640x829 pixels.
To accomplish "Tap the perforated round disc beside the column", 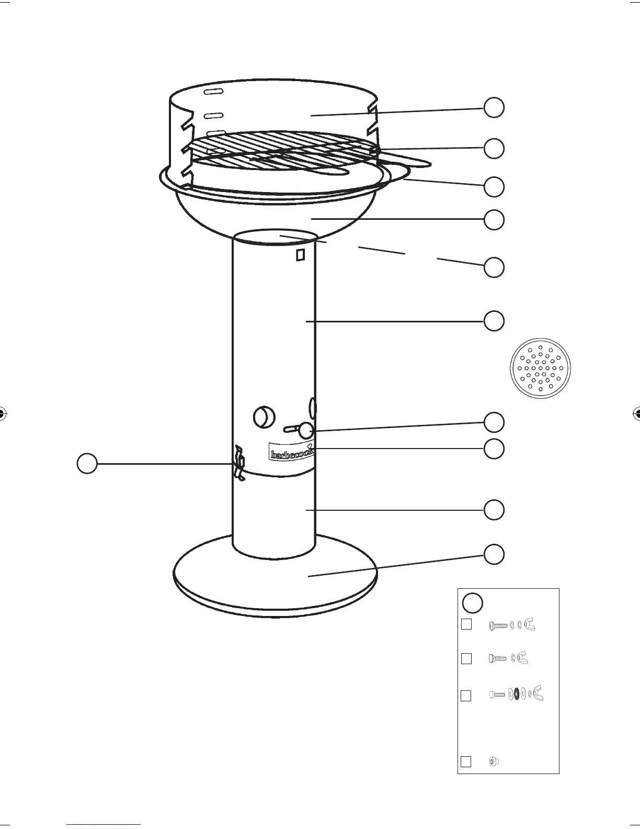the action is tap(540, 368).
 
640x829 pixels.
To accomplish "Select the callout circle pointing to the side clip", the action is tap(87, 463).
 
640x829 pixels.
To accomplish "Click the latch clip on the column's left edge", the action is tap(238, 463).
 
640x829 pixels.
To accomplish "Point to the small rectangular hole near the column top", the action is tap(300, 255).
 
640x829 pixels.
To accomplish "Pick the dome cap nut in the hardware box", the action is tap(494, 761).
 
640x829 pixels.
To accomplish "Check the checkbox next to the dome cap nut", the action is tap(466, 761).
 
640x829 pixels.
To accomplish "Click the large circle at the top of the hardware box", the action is tap(473, 602).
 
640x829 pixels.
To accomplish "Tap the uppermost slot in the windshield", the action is tap(213, 92).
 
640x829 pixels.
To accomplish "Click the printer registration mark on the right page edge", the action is tap(637, 413).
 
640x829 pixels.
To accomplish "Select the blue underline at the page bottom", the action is tap(104, 824).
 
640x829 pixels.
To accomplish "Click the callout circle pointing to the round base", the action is tap(494, 554).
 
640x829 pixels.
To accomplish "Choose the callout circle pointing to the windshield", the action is tap(494, 107).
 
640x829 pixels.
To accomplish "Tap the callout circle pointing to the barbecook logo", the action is tap(494, 449).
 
